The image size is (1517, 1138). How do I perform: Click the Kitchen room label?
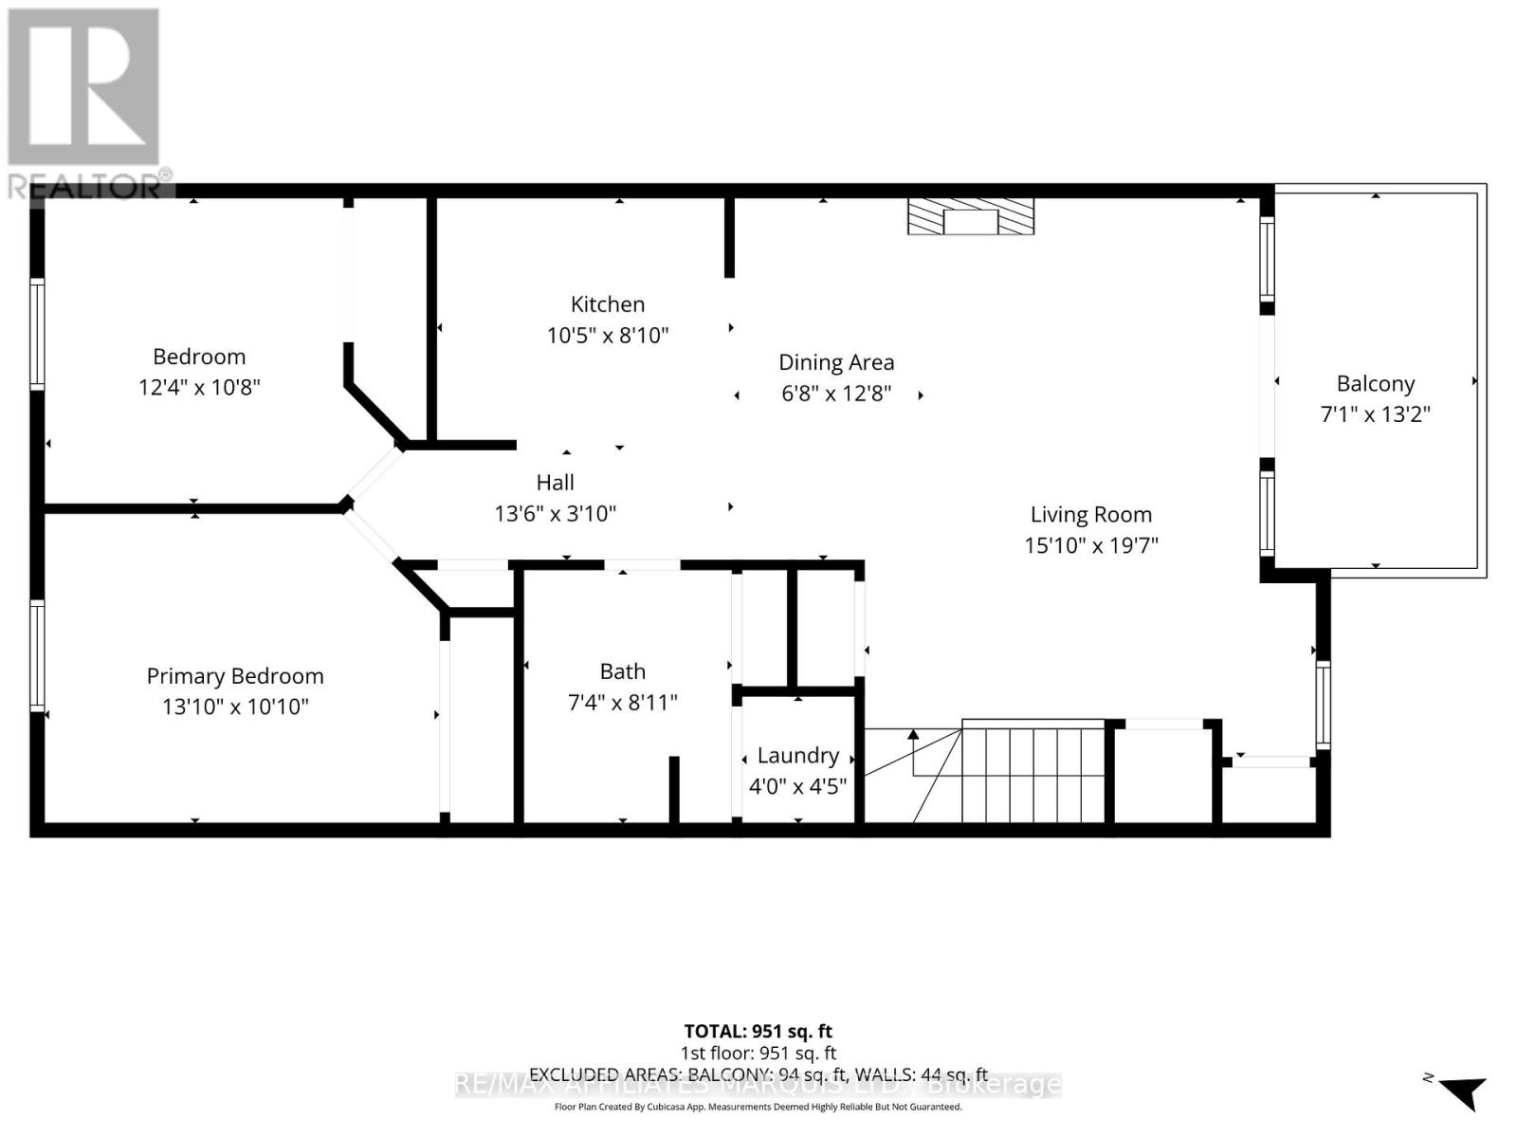coord(607,304)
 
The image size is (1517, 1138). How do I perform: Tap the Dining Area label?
coord(836,362)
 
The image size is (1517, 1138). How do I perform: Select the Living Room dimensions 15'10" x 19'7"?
coord(1090,545)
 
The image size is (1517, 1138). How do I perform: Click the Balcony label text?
coord(1375,384)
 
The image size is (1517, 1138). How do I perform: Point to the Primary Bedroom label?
coord(235,676)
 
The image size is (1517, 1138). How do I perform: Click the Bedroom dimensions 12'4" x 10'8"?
coord(199,387)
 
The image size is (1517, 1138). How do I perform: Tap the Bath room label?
coord(622,671)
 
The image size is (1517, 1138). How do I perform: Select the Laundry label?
coord(797,756)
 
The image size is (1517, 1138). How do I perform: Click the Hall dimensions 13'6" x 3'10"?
coord(555,513)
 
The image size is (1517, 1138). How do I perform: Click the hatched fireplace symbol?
coord(970,217)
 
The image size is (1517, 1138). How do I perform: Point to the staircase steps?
coord(1033,773)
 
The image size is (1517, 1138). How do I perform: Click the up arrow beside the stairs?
coord(913,735)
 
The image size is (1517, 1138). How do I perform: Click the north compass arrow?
coord(1465,1091)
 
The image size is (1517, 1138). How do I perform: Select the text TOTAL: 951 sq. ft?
coord(758,1031)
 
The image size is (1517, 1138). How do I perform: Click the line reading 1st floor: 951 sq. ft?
coord(758,1053)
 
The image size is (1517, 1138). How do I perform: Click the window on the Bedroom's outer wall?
coord(37,334)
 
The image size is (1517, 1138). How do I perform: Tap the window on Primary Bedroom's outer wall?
coord(37,654)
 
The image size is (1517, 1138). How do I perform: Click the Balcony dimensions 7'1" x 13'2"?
coord(1375,414)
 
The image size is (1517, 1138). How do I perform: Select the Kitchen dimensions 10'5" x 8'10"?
coord(607,335)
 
